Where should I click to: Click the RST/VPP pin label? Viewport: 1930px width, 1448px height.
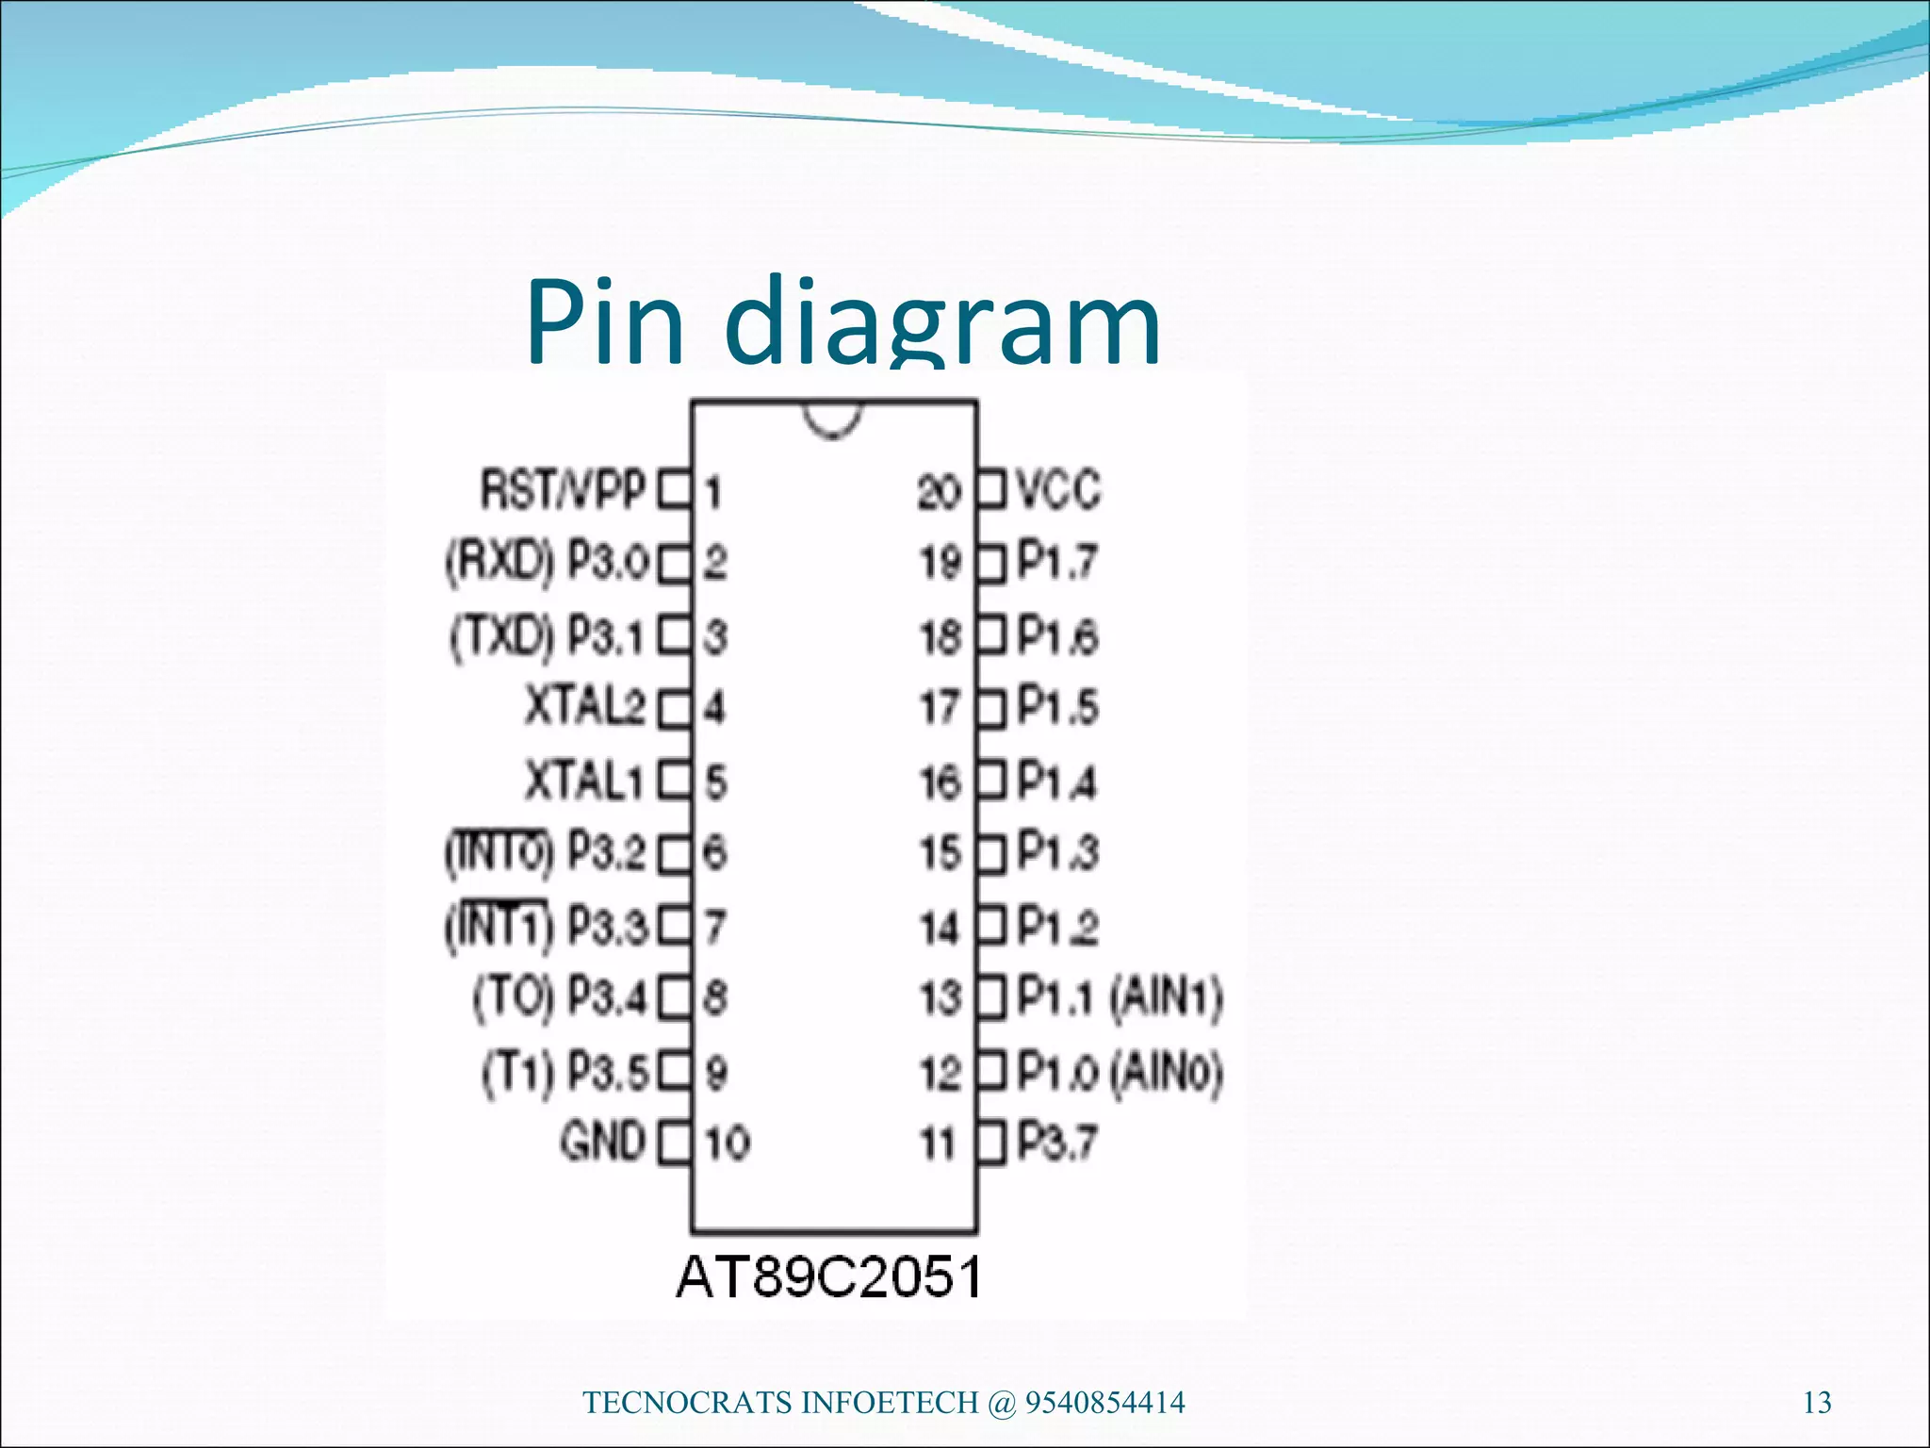pos(563,490)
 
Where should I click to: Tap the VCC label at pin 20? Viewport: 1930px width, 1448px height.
pos(1059,490)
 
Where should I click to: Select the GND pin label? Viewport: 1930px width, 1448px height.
pos(603,1142)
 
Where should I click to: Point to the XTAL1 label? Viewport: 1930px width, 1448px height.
pos(584,782)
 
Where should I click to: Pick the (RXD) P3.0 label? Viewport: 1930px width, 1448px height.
pos(547,563)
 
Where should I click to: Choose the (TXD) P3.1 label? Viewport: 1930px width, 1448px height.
pos(548,636)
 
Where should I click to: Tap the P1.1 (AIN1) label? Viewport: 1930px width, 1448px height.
pos(1120,997)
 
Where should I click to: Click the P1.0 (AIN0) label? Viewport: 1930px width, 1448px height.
pos(1120,1072)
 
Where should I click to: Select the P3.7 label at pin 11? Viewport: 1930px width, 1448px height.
pos(1057,1143)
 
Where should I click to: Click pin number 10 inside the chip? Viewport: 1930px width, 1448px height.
pos(728,1143)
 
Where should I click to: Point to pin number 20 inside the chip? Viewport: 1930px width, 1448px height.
pos(939,491)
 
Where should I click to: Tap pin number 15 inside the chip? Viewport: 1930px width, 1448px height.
pos(940,853)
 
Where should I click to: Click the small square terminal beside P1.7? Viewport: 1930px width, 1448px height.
pos(992,564)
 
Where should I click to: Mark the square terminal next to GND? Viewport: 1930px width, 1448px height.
pos(675,1143)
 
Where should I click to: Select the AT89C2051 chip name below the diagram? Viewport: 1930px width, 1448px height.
pos(829,1277)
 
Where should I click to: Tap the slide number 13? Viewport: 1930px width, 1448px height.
pos(1817,1404)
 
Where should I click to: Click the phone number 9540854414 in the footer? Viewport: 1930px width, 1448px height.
pos(1104,1403)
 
